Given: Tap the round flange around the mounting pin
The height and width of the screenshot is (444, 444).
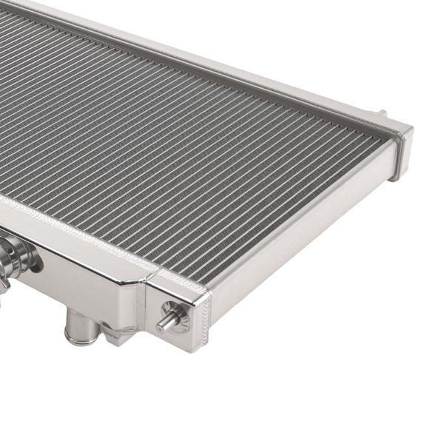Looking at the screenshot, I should (176, 317).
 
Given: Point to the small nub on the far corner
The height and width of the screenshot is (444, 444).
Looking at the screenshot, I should (383, 113).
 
